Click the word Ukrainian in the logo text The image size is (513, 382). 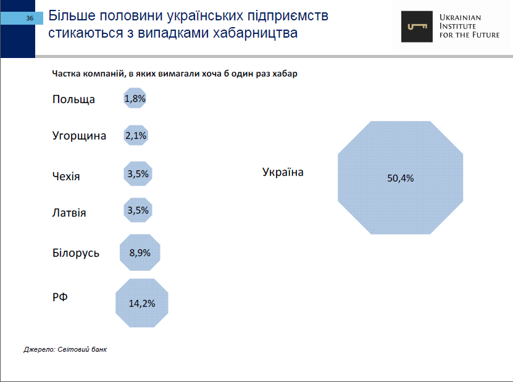(461, 17)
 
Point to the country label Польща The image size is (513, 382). (73, 99)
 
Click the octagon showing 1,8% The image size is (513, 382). (135, 98)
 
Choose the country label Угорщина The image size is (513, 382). (79, 136)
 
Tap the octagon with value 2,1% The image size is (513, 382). (135, 136)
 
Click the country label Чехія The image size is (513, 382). (66, 176)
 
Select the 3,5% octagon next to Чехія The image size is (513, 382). (138, 174)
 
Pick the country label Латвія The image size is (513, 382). (69, 213)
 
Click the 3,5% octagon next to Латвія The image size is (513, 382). (138, 210)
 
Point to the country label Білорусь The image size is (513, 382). (75, 253)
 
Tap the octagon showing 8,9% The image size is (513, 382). (140, 252)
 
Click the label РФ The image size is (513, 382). (60, 297)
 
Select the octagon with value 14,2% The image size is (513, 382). (141, 304)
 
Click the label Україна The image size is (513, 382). (283, 172)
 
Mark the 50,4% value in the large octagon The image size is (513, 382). (400, 178)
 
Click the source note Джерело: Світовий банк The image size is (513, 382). (65, 349)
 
